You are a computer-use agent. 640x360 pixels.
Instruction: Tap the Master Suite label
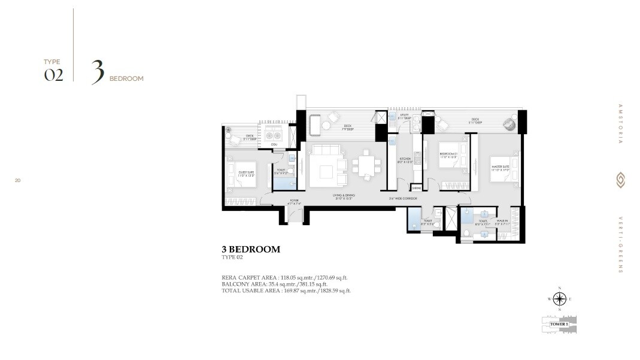coord(500,168)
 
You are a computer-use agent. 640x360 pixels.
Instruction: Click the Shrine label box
coord(417,188)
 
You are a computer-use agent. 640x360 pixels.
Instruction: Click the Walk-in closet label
coord(503,222)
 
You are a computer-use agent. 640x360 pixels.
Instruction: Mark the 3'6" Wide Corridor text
coord(402,198)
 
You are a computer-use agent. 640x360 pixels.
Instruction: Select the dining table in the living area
coord(364,166)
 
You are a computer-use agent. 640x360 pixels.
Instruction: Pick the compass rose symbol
coord(559,298)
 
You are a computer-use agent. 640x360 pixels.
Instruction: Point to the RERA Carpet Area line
coord(284,277)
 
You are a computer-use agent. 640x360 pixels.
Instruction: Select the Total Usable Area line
coord(286,291)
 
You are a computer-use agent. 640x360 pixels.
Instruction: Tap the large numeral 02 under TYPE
coord(53,75)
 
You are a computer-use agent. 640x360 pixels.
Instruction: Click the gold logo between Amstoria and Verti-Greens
coord(620,180)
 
